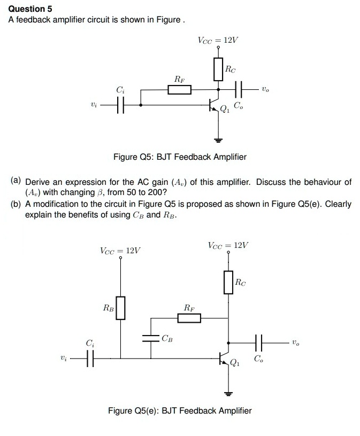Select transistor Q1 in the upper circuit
pyautogui.click(x=215, y=106)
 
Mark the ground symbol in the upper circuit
pyautogui.click(x=218, y=141)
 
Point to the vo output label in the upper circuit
pyautogui.click(x=266, y=90)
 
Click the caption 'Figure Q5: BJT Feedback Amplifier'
pyautogui.click(x=180, y=157)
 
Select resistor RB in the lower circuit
pyautogui.click(x=120, y=308)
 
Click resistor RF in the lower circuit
pyautogui.click(x=189, y=318)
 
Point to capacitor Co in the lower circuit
pyautogui.click(x=259, y=342)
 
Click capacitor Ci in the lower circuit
pyautogui.click(x=90, y=358)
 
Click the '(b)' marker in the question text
pyautogui.click(x=16, y=205)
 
